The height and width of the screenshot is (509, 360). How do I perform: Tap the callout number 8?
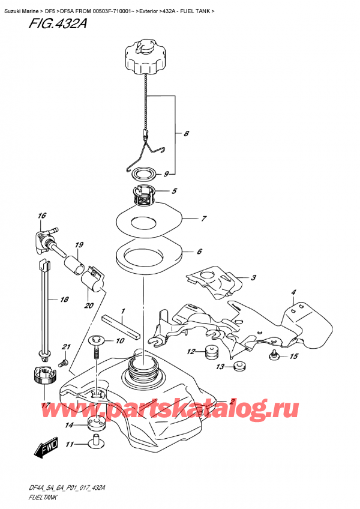coord(187,134)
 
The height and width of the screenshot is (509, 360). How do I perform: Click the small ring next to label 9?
coord(142,174)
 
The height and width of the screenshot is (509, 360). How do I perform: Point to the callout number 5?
coord(173,192)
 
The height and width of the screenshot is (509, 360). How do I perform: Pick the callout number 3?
coord(254,278)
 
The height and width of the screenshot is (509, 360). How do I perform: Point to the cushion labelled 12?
coord(211,352)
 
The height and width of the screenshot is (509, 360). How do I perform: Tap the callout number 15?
coord(293,357)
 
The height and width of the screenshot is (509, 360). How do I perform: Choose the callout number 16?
coord(41,216)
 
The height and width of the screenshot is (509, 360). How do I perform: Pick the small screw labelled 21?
coord(61,364)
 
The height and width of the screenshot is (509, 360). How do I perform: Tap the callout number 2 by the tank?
coord(231,402)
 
